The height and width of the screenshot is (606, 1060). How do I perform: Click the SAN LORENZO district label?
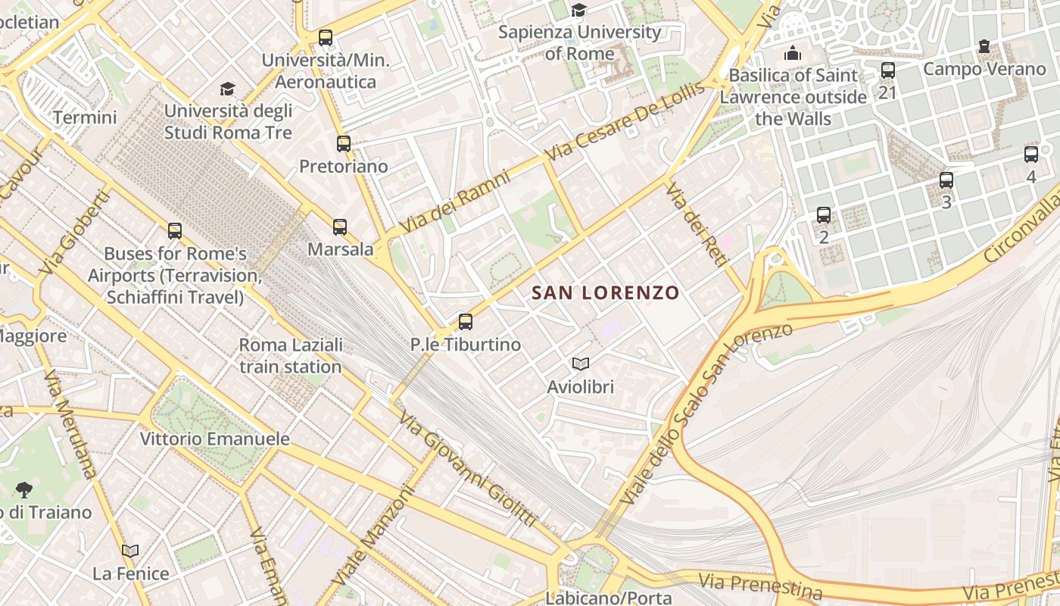pyautogui.click(x=605, y=292)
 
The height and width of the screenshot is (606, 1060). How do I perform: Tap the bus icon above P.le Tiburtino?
pyautogui.click(x=466, y=322)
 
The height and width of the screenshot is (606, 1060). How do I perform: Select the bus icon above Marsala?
pyautogui.click(x=340, y=226)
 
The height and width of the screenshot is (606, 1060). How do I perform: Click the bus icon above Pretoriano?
pyautogui.click(x=344, y=143)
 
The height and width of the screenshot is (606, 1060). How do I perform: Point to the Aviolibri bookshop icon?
pyautogui.click(x=581, y=364)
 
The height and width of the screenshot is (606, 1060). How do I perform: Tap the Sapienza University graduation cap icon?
pyautogui.click(x=579, y=10)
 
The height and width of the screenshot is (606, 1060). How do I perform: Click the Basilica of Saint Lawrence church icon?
pyautogui.click(x=793, y=53)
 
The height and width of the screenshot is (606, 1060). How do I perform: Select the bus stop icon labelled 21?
pyautogui.click(x=888, y=70)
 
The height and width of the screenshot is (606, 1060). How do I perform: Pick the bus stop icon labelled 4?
pyautogui.click(x=1031, y=155)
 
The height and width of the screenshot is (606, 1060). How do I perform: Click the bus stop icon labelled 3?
pyautogui.click(x=946, y=180)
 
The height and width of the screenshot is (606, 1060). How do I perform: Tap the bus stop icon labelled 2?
pyautogui.click(x=824, y=215)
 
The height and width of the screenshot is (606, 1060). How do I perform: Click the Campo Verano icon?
pyautogui.click(x=984, y=47)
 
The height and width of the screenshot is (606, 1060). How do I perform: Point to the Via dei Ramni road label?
pyautogui.click(x=456, y=201)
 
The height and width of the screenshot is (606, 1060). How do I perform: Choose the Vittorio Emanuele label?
pyautogui.click(x=215, y=439)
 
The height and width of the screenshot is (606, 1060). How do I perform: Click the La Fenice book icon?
pyautogui.click(x=131, y=551)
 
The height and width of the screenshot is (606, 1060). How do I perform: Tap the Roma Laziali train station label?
pyautogui.click(x=291, y=355)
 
